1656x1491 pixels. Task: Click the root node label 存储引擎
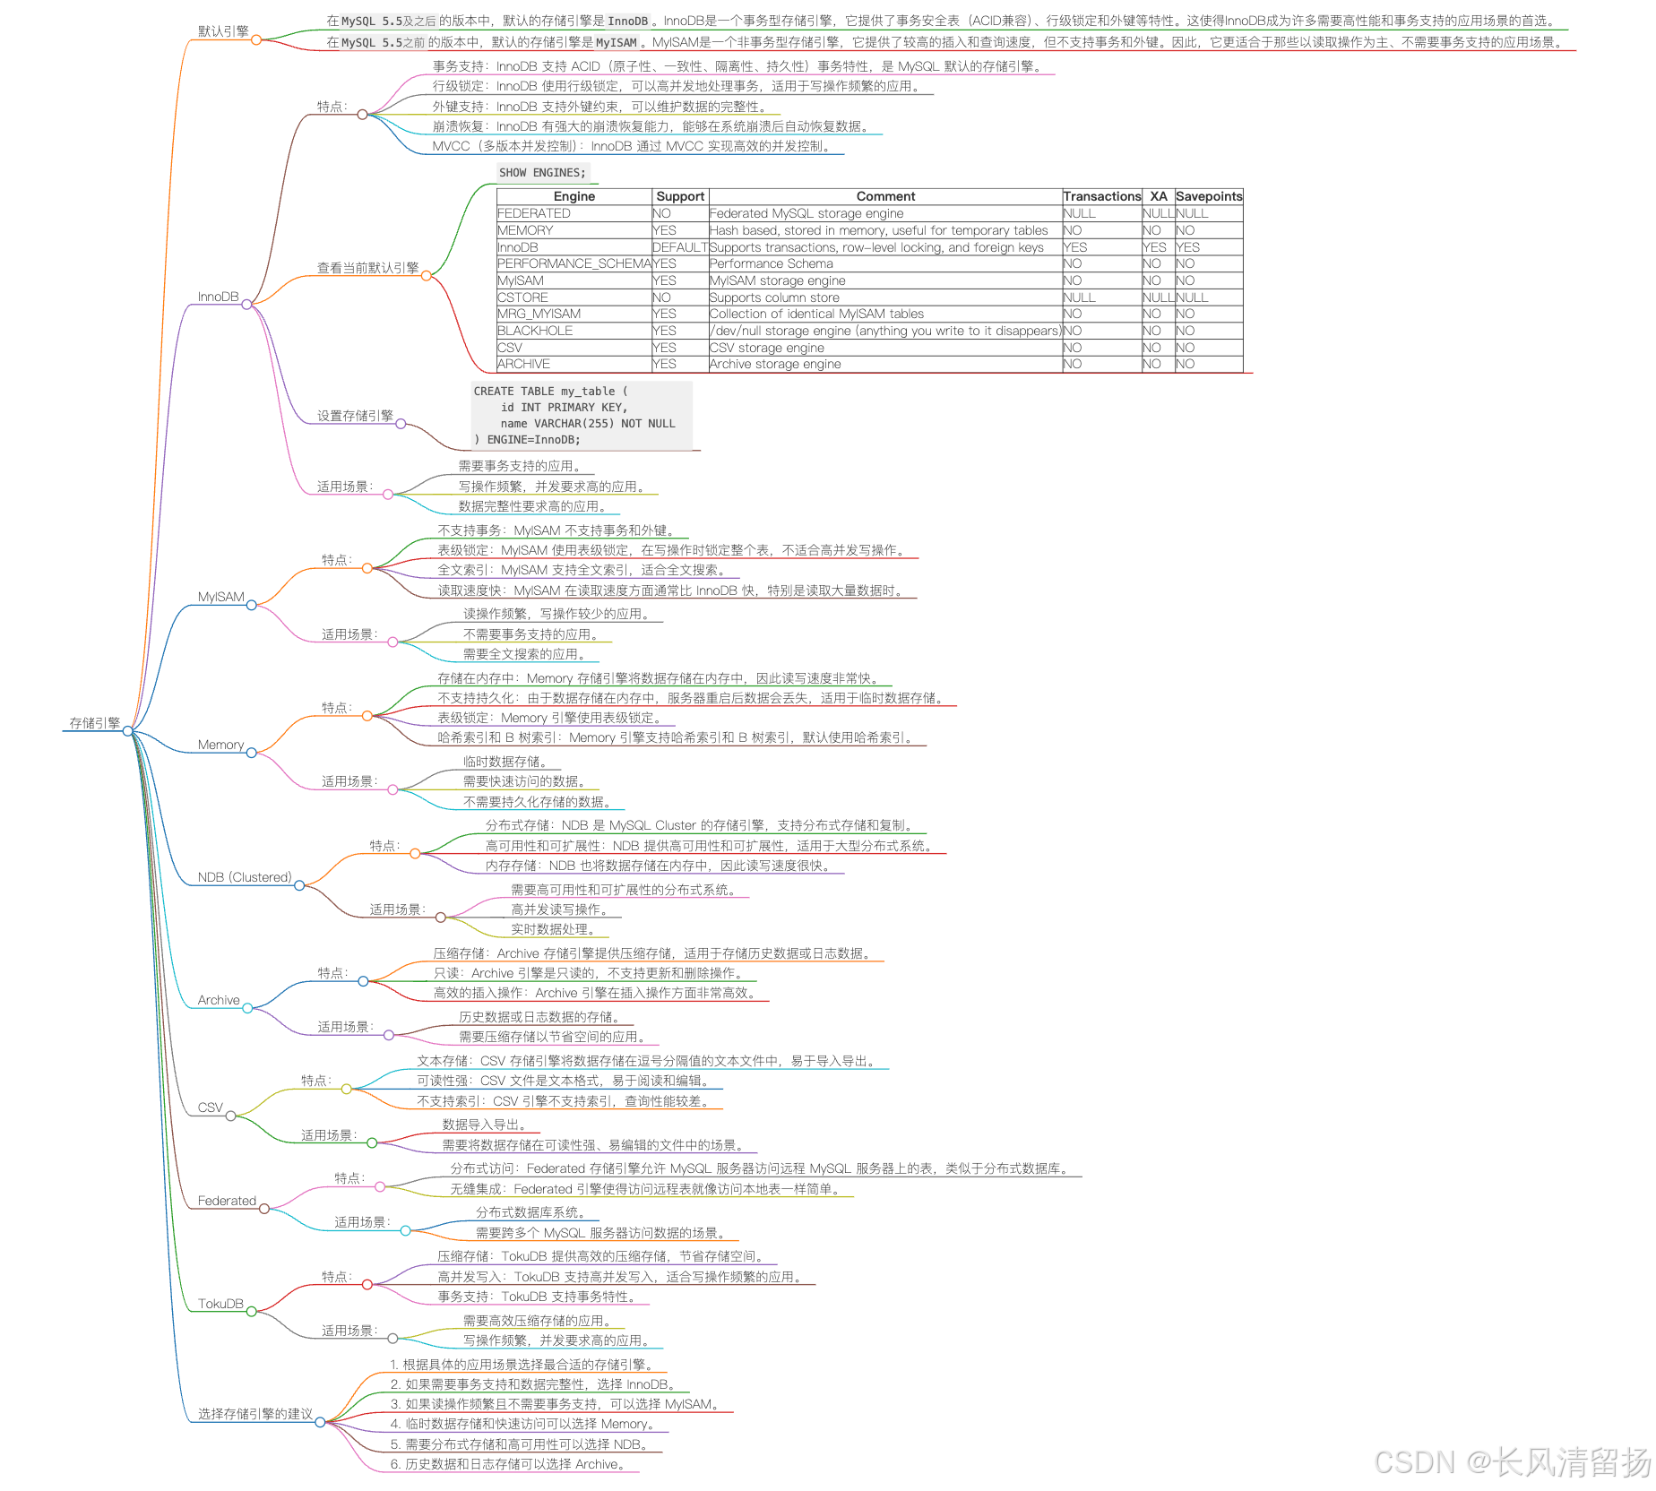point(95,723)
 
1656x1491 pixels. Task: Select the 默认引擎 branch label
point(223,31)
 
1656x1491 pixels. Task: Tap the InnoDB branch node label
point(218,297)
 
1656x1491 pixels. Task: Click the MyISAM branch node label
point(220,597)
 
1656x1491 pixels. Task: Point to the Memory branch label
point(220,745)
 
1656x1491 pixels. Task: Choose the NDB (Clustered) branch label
point(244,877)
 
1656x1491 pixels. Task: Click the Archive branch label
point(219,1000)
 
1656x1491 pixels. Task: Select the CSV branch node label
point(210,1107)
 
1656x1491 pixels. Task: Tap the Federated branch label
point(227,1201)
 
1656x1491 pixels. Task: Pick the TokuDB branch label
point(220,1304)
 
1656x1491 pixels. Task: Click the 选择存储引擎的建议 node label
point(254,1414)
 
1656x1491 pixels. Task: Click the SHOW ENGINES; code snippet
point(542,173)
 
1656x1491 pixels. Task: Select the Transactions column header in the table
point(1101,196)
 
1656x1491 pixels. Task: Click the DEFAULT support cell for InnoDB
point(679,247)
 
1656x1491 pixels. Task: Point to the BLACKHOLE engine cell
point(534,331)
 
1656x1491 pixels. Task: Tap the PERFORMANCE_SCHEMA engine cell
point(574,263)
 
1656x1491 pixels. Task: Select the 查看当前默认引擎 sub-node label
point(367,268)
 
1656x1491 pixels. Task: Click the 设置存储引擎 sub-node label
point(355,416)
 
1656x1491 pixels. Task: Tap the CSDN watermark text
point(1513,1462)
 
